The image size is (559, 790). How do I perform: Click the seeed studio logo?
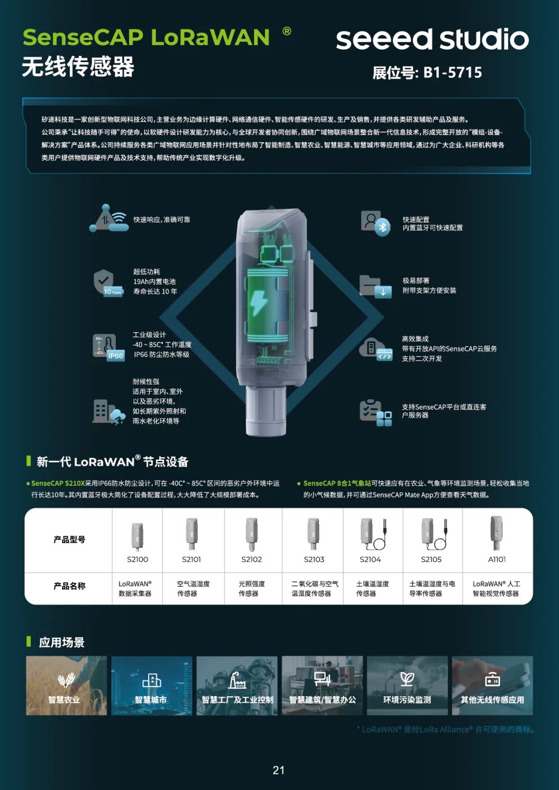coord(432,39)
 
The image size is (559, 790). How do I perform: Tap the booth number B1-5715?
coord(453,72)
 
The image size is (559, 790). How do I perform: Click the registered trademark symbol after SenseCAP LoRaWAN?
coord(287,31)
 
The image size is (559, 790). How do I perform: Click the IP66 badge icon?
coord(115,355)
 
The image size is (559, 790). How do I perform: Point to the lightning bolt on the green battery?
coord(259,303)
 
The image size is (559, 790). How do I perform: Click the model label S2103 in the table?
coord(314,559)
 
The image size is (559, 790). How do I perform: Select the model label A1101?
coord(496,559)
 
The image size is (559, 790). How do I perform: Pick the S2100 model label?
coord(137,559)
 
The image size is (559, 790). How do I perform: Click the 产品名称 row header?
coord(69,586)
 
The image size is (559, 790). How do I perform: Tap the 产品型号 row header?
coord(69,539)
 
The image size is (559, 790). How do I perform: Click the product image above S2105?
coord(434,533)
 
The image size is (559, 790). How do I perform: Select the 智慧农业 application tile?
coord(66,685)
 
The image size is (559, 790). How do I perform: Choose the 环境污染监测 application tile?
coord(407,685)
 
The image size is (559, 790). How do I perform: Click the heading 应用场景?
coord(62,642)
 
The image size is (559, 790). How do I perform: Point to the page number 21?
coord(278,770)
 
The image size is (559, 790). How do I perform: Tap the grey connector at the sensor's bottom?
coord(266,411)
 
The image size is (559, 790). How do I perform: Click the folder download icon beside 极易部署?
coord(375,287)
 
